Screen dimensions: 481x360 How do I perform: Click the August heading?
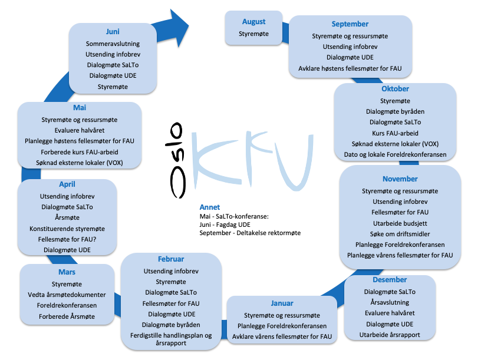[x=253, y=22]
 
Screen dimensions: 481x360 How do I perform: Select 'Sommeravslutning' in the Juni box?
[x=113, y=44]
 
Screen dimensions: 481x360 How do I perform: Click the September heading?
[x=350, y=24]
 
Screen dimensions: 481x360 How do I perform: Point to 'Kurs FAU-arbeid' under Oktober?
[x=395, y=133]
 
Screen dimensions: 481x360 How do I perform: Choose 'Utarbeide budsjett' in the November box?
[x=400, y=223]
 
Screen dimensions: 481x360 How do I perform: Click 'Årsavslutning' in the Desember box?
[x=390, y=302]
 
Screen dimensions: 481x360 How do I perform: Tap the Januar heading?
[x=282, y=303]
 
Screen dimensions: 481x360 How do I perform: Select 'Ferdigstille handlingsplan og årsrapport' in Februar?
[x=171, y=339]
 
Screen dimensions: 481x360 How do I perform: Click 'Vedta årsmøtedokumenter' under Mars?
[x=67, y=295]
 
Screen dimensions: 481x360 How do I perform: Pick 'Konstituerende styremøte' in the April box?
[x=67, y=229]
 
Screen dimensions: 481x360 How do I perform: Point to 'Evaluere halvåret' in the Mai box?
[x=80, y=130]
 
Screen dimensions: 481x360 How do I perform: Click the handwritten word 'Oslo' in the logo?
[x=177, y=160]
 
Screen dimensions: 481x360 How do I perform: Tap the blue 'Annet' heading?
[x=209, y=207]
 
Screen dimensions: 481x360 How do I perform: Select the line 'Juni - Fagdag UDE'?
[x=225, y=224]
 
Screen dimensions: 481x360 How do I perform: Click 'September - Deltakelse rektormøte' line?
[x=250, y=233]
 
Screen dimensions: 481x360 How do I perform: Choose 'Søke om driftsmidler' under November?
[x=400, y=234]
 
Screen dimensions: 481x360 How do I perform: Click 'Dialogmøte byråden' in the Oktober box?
[x=395, y=111]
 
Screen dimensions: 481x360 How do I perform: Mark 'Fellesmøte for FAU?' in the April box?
[x=67, y=239]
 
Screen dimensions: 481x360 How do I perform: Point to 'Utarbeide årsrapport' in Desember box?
[x=390, y=335]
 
